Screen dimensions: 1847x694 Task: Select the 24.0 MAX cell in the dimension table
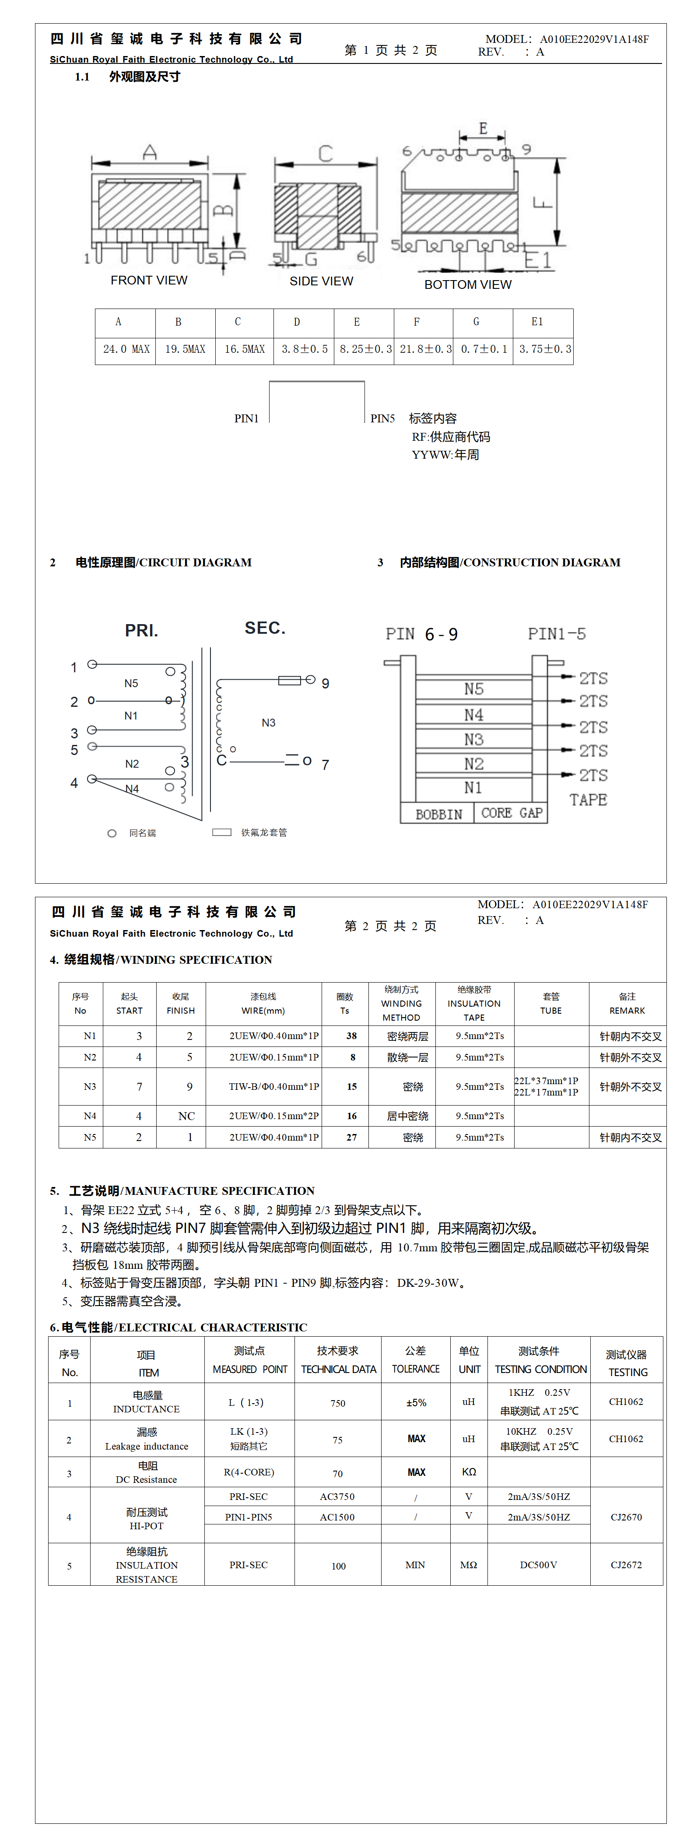(126, 349)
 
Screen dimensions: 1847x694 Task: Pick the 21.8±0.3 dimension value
(425, 349)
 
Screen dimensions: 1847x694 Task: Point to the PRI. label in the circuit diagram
(141, 631)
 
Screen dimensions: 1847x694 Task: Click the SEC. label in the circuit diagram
(265, 628)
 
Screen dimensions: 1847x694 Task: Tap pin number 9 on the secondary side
(326, 683)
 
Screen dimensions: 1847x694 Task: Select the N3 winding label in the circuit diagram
(268, 723)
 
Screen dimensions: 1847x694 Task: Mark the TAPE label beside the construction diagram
(588, 800)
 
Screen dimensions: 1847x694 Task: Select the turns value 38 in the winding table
(351, 1036)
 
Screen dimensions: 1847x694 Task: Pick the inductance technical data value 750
(338, 1403)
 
